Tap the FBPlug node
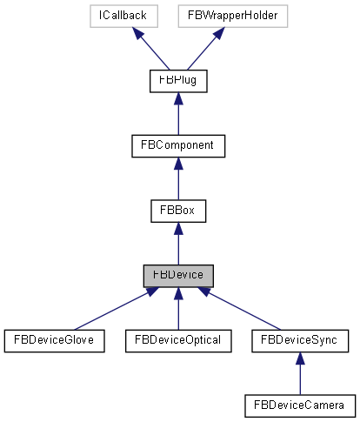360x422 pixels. (177, 81)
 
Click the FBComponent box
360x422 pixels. (177, 145)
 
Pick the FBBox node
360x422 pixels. (177, 211)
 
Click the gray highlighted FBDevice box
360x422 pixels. (177, 275)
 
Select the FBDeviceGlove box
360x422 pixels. (54, 340)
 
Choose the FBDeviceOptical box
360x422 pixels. (177, 340)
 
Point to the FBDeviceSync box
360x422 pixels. (299, 340)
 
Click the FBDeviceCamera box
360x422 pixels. (299, 405)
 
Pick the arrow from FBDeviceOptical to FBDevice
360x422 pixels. (177, 308)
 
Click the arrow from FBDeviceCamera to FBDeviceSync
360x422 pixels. (299, 372)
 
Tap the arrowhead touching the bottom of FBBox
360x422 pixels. (177, 228)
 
